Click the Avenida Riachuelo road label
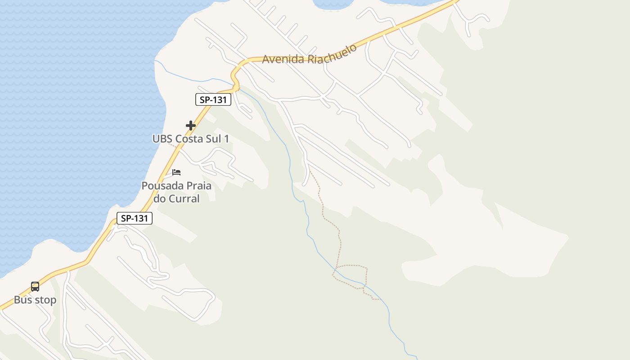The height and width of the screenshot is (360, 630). (x=310, y=54)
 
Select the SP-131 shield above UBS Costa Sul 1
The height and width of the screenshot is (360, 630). (x=213, y=99)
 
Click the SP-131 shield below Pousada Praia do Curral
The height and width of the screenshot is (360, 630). (x=135, y=219)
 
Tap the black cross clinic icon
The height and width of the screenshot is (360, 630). (x=191, y=126)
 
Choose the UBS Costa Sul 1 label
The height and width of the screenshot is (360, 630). (x=191, y=139)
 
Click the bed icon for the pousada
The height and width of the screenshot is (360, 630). (x=176, y=172)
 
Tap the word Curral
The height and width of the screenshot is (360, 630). (x=183, y=198)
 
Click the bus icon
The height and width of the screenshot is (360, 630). (x=35, y=286)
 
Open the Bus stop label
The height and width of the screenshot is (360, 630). (x=35, y=300)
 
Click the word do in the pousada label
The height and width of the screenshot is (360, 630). (x=160, y=198)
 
